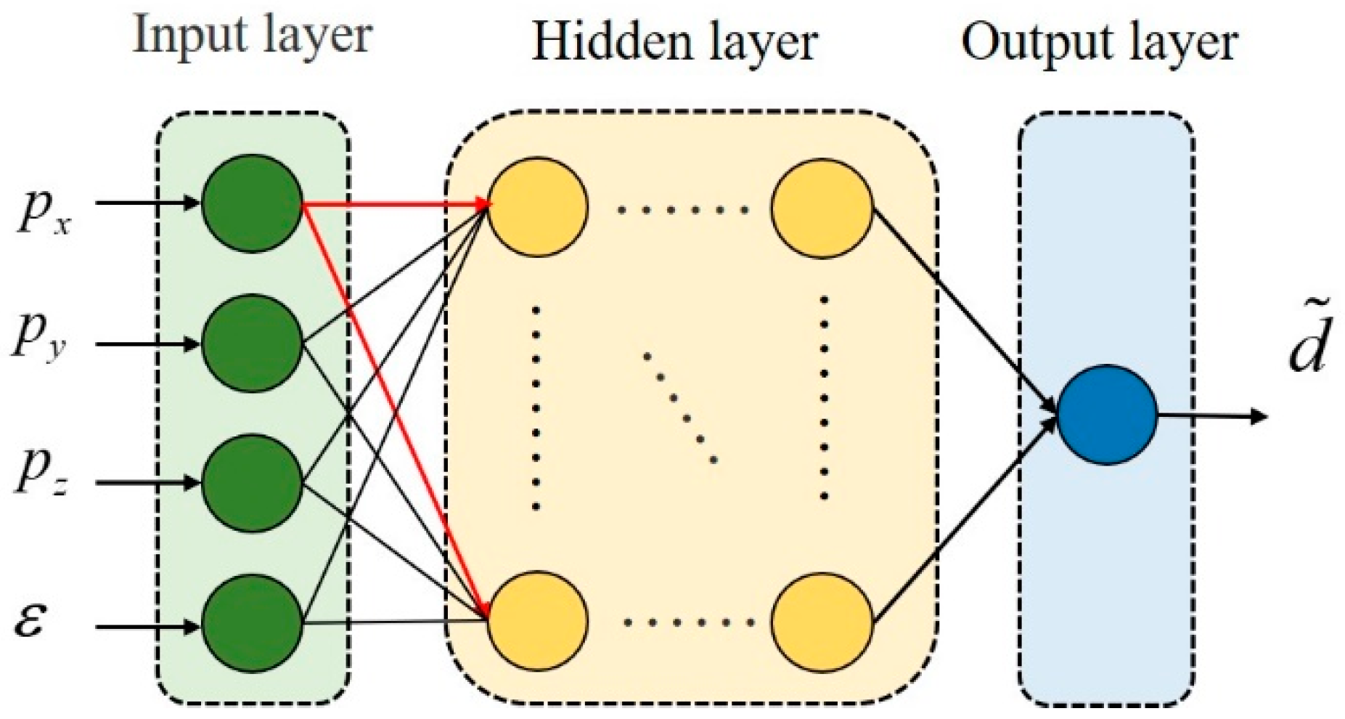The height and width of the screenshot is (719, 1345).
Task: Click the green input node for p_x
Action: tap(251, 203)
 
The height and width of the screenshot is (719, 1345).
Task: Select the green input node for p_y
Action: tap(251, 343)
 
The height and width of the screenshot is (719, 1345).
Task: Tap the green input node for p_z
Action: tap(251, 482)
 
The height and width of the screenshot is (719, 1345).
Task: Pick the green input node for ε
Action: tap(251, 623)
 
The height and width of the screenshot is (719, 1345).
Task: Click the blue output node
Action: tap(1106, 415)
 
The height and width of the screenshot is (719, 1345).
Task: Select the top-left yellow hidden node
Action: tap(537, 207)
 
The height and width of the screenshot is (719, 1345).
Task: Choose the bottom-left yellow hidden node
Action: tap(537, 621)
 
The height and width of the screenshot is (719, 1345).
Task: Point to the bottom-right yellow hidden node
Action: tap(822, 621)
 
